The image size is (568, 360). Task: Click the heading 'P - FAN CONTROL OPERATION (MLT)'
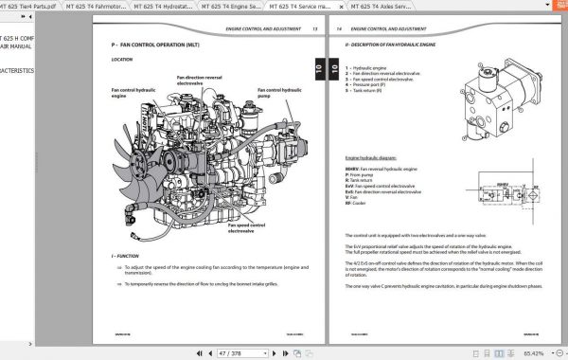pos(160,44)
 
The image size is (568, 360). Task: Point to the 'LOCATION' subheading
pos(121,59)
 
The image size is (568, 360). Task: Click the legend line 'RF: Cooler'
pos(357,204)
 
